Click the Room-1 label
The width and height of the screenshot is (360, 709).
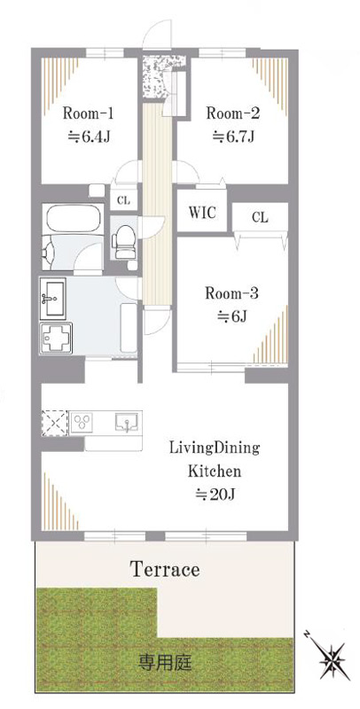(x=87, y=113)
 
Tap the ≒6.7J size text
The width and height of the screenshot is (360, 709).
(x=234, y=136)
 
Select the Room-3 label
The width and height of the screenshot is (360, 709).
(x=231, y=293)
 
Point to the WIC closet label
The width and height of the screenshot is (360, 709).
(x=202, y=212)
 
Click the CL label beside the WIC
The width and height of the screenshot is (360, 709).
(x=260, y=217)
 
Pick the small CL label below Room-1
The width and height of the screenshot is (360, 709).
(x=123, y=201)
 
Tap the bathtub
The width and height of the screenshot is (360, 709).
(x=74, y=219)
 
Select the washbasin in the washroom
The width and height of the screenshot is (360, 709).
(x=53, y=297)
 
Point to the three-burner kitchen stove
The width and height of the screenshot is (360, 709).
(x=83, y=423)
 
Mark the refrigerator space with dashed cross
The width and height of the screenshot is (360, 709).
(x=55, y=423)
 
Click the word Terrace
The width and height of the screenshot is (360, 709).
(x=165, y=569)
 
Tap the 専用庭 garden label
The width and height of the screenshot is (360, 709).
(x=165, y=663)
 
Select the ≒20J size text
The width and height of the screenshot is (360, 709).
(x=215, y=495)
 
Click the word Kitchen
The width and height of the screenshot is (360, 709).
(x=215, y=471)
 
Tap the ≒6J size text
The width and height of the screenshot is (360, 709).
(x=231, y=316)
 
